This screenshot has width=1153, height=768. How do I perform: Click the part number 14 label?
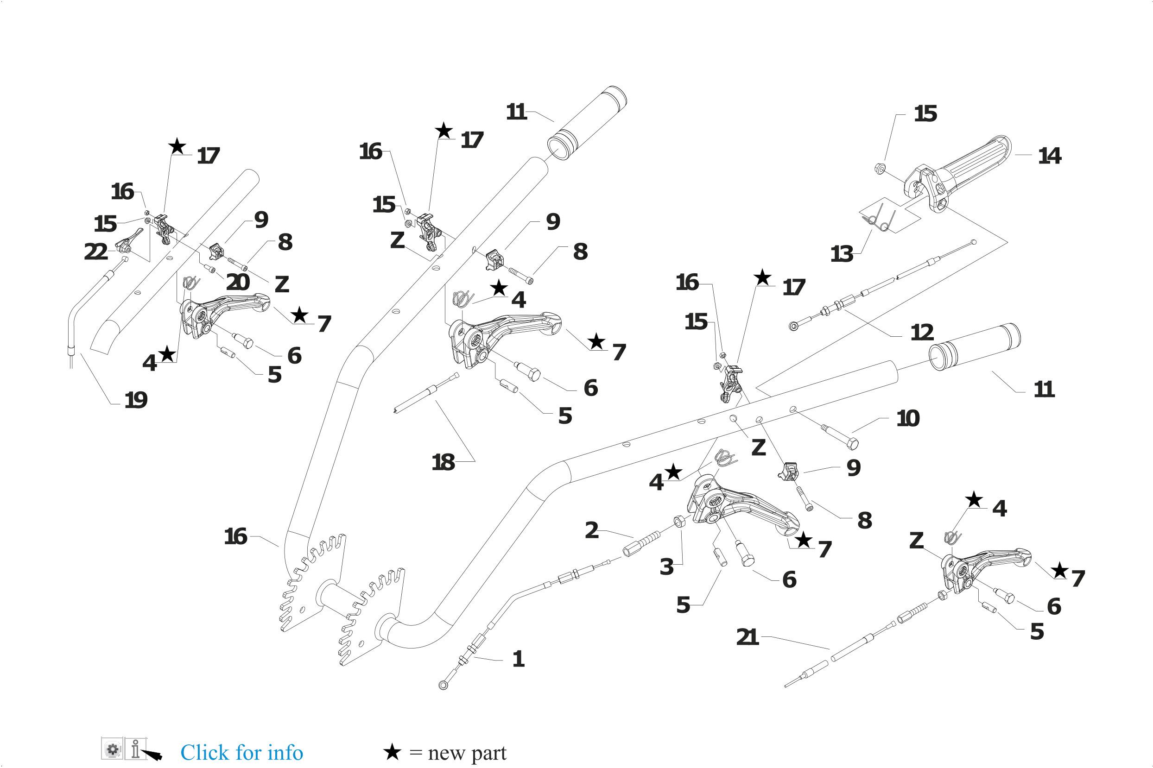pos(1049,156)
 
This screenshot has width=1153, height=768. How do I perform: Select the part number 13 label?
pos(842,254)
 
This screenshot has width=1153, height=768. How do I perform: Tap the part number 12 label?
pos(922,333)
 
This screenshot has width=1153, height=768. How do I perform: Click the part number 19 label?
pos(136,401)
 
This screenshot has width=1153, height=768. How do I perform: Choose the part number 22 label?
pos(95,252)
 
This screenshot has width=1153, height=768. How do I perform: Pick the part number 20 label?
pos(238,282)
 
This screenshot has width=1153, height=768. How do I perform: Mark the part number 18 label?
pos(443,462)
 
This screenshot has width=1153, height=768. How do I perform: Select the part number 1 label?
pos(518,659)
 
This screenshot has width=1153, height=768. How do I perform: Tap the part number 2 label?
pos(591,530)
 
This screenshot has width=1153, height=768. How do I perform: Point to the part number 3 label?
pos(666,567)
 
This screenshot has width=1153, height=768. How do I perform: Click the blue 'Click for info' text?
pos(241,752)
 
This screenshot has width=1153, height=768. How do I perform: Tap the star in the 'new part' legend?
pos(392,752)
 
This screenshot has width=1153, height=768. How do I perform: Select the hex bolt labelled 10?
pos(839,436)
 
